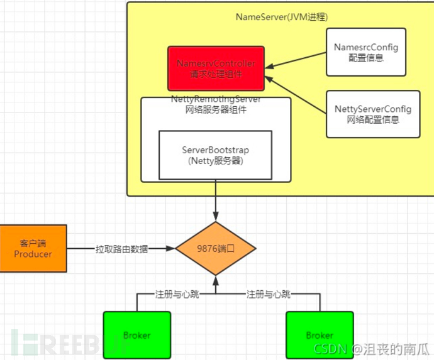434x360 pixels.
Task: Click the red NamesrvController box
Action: [216, 68]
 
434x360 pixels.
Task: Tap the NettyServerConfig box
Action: [373, 114]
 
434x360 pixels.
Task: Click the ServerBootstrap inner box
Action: [216, 155]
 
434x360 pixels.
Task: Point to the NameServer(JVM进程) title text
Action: [281, 16]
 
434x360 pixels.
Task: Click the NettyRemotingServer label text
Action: [216, 100]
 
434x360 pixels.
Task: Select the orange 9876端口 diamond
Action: [216, 249]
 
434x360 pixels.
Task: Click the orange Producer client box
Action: [33, 248]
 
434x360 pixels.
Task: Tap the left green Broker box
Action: [137, 335]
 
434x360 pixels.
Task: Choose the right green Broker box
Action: [319, 335]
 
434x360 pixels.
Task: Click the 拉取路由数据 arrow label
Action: [122, 249]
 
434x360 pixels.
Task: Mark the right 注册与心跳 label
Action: [269, 294]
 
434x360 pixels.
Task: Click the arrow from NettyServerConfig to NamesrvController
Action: [296, 92]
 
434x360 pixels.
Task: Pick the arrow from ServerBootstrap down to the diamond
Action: [216, 201]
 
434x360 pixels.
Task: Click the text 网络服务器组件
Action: [216, 109]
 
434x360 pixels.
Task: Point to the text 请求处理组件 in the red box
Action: [216, 74]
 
